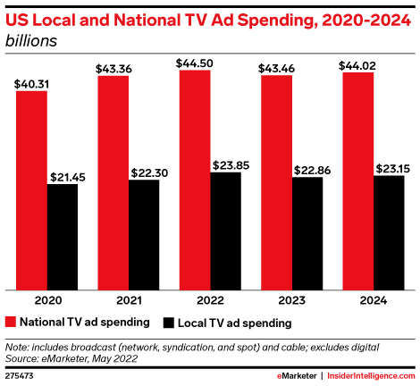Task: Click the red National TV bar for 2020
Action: coord(31,190)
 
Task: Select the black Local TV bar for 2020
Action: coord(63,237)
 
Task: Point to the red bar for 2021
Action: coord(113,183)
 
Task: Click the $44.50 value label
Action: coord(197,62)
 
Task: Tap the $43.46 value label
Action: coord(278,66)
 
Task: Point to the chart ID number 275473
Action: coord(22,375)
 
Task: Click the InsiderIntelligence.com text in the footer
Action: coord(371,375)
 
